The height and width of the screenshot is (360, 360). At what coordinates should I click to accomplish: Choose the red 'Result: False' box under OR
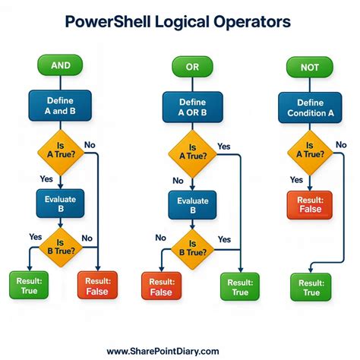162,286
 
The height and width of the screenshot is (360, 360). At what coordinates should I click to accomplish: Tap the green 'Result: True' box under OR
238,286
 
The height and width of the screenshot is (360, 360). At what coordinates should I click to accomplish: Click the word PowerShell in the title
113,22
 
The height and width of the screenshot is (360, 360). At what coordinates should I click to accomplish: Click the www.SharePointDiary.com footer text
163,351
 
